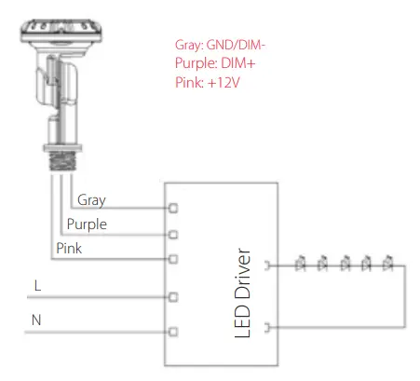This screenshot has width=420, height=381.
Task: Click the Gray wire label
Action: coord(91,199)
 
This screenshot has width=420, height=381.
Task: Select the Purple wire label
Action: coord(87,225)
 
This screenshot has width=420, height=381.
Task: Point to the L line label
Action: coord(37,285)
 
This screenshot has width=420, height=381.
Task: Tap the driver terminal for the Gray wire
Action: coord(173,209)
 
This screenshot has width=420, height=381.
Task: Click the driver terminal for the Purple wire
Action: coord(173,234)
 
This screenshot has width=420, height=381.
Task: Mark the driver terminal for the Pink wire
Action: coord(173,259)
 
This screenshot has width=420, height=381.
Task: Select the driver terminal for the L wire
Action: coord(173,297)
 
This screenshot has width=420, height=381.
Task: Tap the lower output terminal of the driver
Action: coord(269,327)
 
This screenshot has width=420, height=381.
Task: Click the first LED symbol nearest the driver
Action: coord(300,266)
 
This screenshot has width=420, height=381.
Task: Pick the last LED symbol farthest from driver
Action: coord(386,266)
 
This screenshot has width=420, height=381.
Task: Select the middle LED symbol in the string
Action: coord(344,266)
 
